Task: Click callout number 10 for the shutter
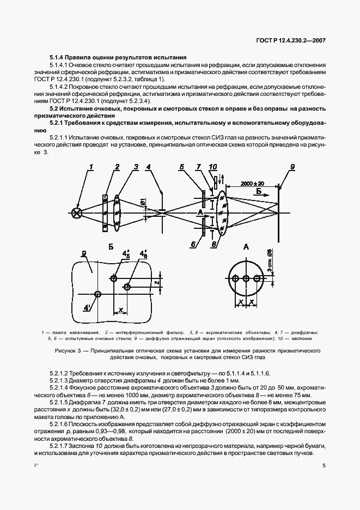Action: click(x=212, y=166)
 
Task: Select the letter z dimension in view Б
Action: click(x=156, y=283)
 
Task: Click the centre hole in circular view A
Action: click(x=246, y=278)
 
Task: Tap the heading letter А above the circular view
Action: click(x=246, y=247)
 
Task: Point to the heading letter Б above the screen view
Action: click(x=111, y=247)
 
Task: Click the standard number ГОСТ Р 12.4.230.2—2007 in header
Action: click(x=295, y=41)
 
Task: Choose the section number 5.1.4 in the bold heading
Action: click(x=57, y=57)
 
